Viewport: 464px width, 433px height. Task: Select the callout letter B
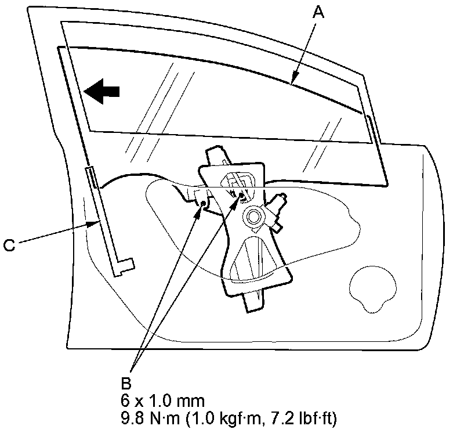[127, 383]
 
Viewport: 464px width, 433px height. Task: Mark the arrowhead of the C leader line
[96, 221]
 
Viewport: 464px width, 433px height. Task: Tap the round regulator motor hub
[253, 218]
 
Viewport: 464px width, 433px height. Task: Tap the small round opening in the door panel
[374, 287]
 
